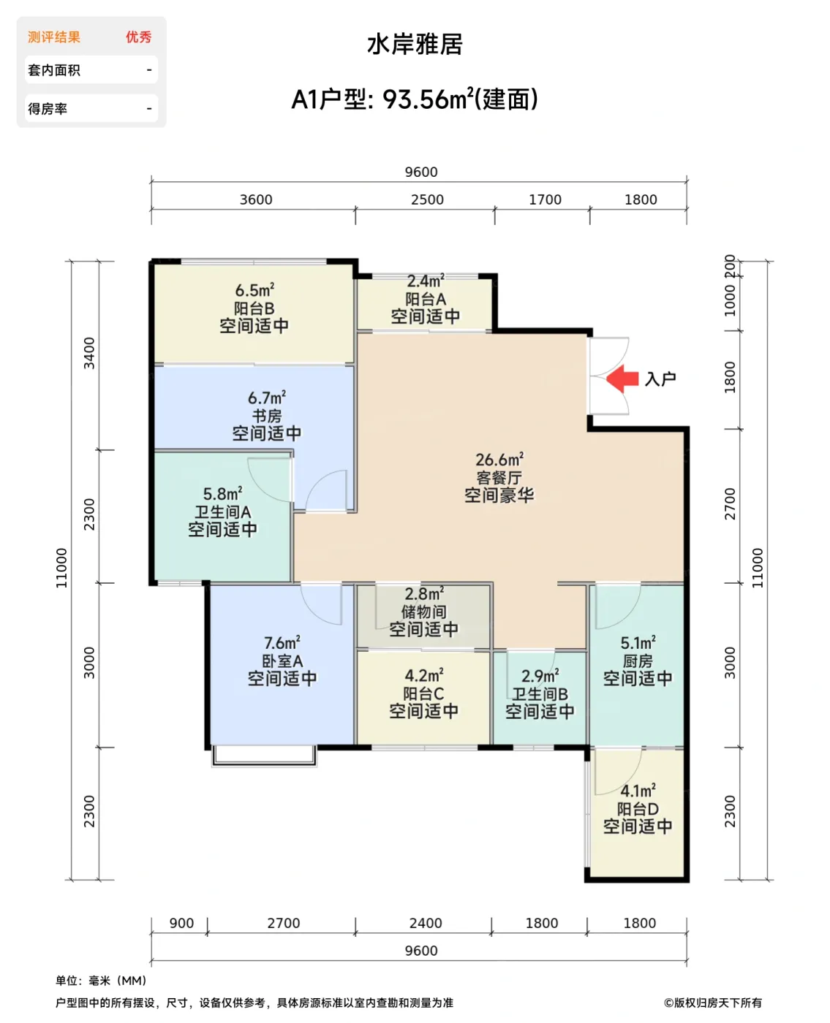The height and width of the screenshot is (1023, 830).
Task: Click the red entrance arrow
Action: click(x=622, y=379)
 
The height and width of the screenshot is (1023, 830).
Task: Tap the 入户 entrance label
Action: click(x=660, y=379)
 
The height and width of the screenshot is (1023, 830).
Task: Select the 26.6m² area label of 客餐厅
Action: click(x=499, y=460)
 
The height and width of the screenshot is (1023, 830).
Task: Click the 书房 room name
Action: click(x=267, y=416)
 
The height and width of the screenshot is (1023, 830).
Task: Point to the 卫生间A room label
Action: click(x=222, y=512)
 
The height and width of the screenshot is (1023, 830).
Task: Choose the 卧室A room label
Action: click(x=282, y=661)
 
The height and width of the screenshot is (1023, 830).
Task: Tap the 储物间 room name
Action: click(x=423, y=612)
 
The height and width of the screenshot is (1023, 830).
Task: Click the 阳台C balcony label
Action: click(x=423, y=693)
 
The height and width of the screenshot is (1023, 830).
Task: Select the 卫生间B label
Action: click(x=539, y=694)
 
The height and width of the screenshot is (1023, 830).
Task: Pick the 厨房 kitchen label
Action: click(x=637, y=661)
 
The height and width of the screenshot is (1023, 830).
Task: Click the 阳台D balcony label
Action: click(x=637, y=809)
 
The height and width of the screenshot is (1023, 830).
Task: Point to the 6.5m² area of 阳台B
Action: click(x=254, y=290)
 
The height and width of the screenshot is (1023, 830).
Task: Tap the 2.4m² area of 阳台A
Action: click(x=426, y=281)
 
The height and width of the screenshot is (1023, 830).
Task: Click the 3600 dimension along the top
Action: click(x=256, y=199)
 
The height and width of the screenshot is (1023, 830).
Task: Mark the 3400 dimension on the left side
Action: click(x=89, y=353)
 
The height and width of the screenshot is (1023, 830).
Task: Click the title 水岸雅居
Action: click(x=415, y=44)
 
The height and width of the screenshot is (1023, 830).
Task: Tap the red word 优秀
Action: click(x=138, y=37)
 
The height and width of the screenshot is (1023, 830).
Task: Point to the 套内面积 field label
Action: click(x=54, y=70)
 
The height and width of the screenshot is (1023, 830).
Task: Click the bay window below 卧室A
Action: click(x=264, y=756)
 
